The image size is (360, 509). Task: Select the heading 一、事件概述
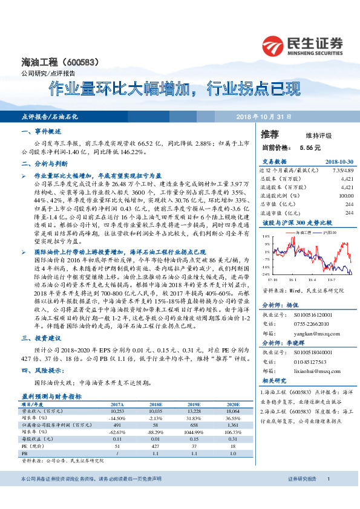42,131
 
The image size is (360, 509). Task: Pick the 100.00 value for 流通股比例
345,196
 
